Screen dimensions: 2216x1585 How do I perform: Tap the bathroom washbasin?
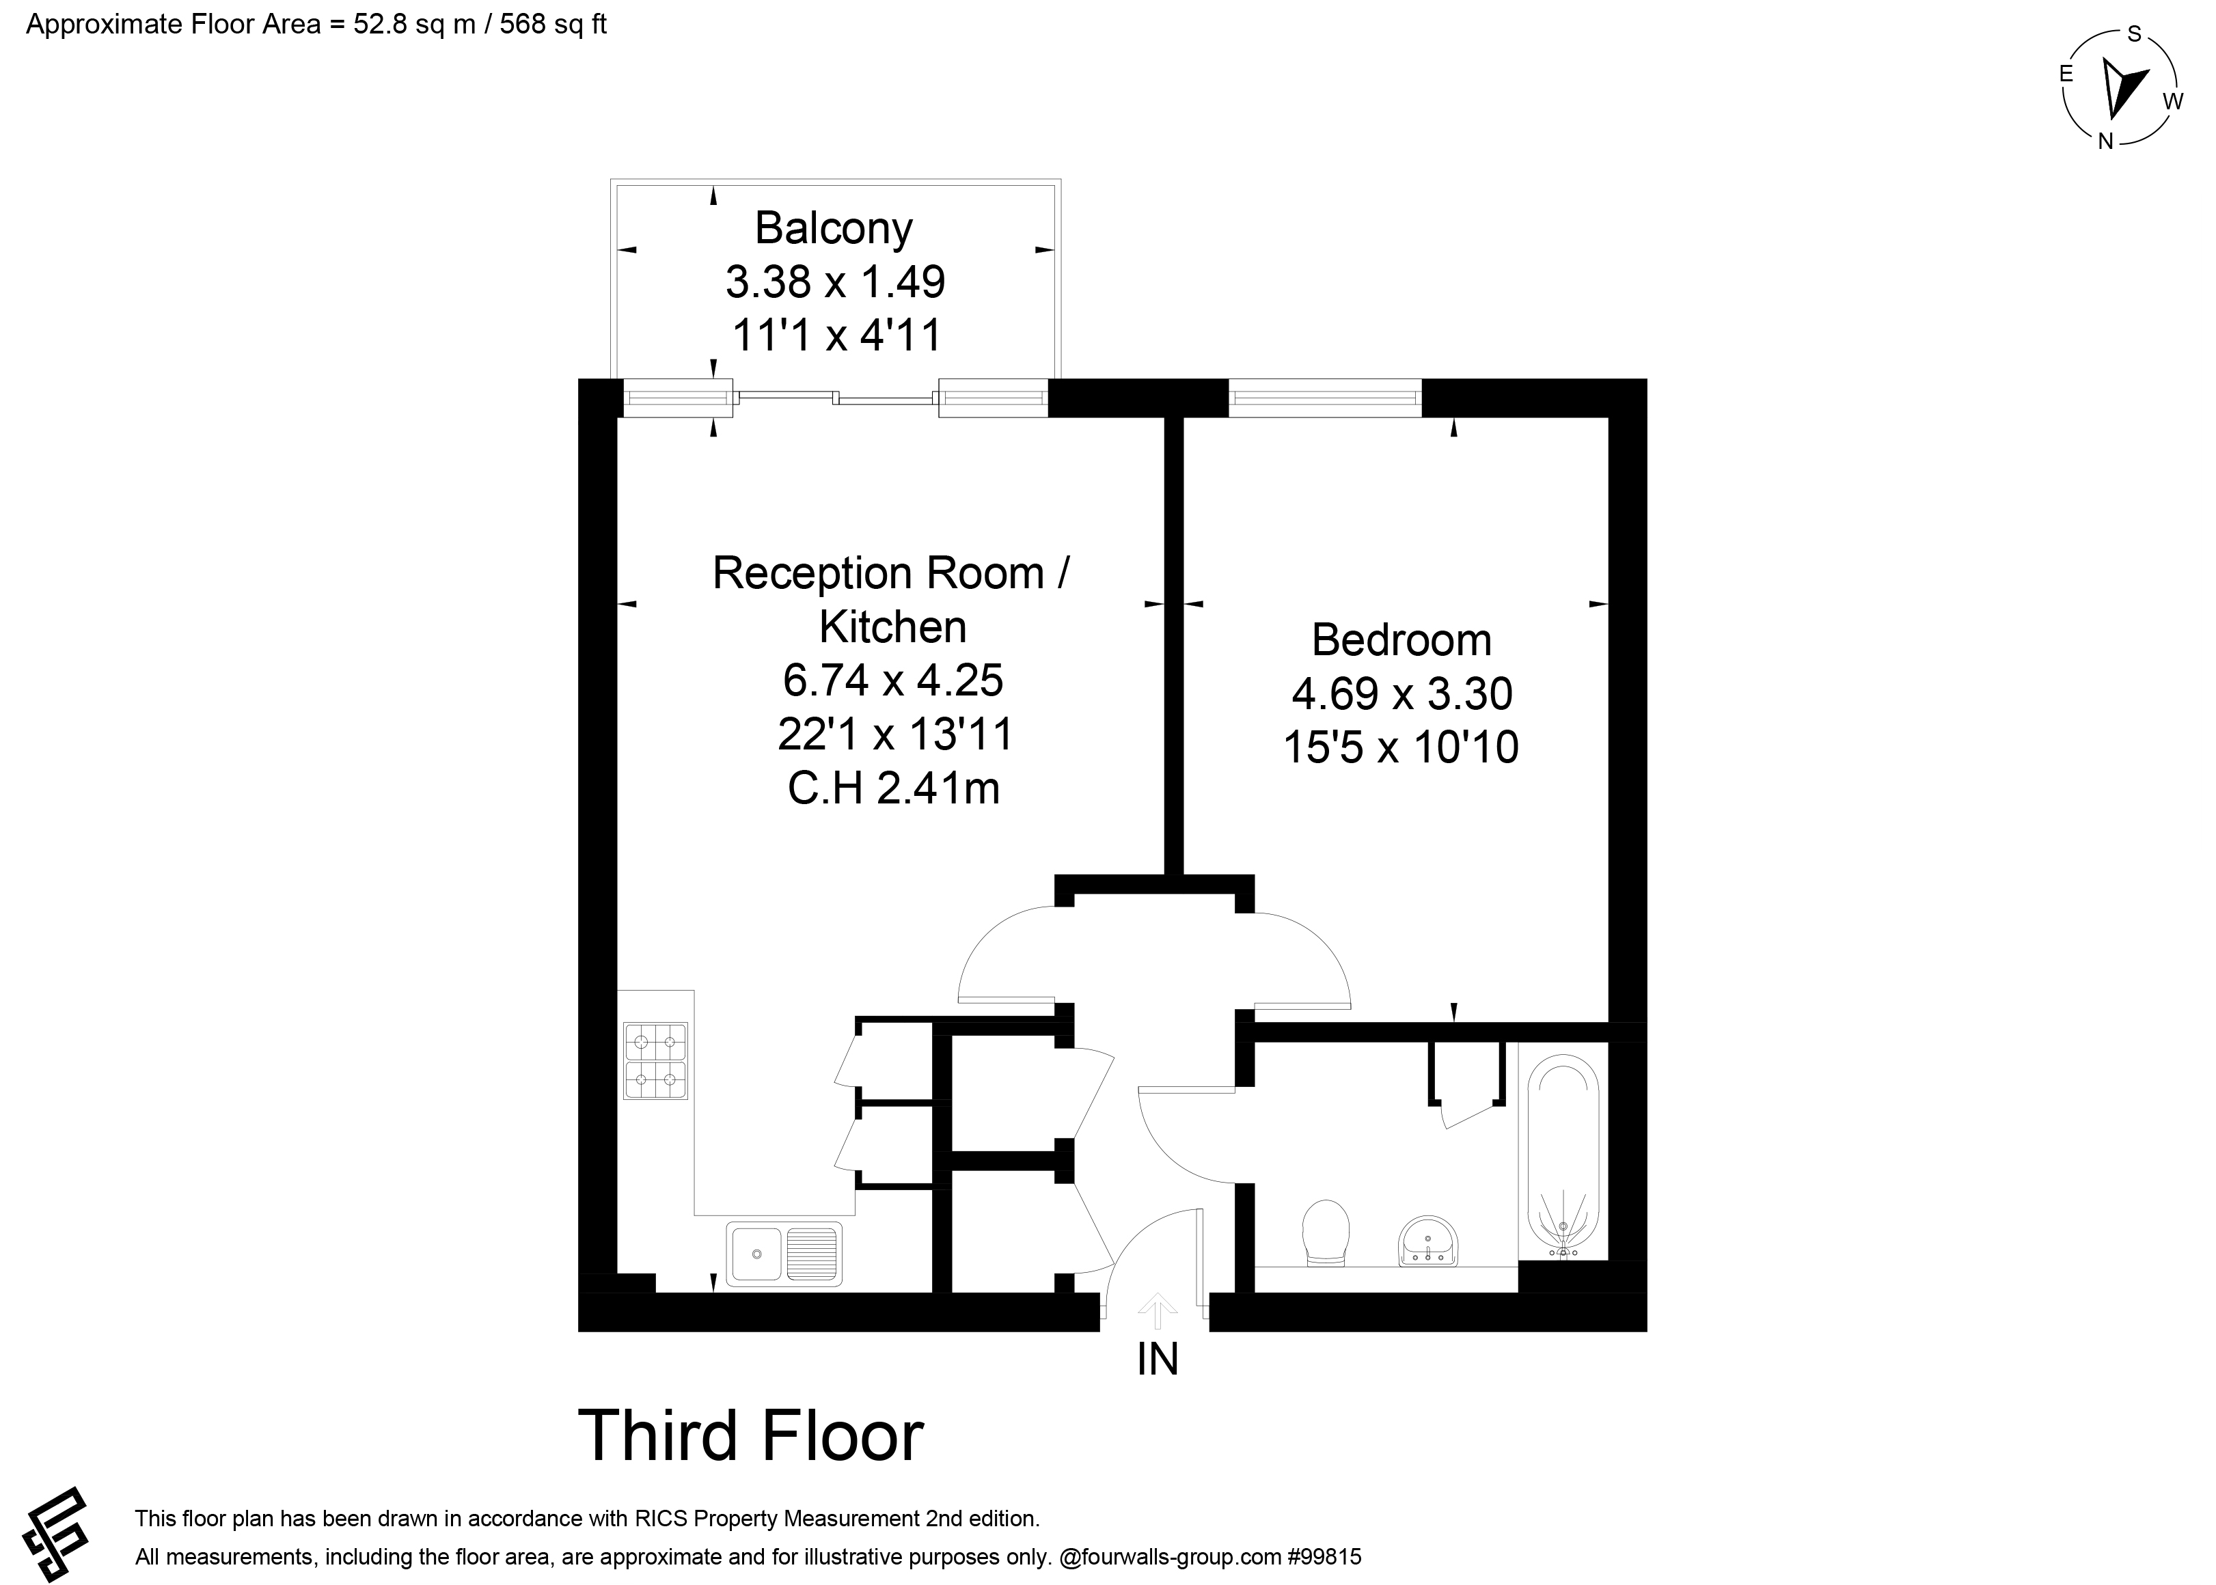pos(1428,1241)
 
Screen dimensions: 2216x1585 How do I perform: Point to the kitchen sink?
pos(783,1253)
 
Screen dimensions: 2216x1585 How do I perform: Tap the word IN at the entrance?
pos(1158,1359)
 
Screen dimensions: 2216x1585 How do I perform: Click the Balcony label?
pos(834,228)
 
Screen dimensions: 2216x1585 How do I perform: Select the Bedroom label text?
pos(1401,640)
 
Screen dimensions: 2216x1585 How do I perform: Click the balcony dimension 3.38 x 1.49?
pos(834,282)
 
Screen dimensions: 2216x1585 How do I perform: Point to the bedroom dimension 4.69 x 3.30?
pos(1402,694)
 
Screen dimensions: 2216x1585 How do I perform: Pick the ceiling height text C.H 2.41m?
pos(893,788)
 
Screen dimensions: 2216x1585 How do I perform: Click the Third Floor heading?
pos(751,1435)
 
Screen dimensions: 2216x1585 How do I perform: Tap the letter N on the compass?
pos(2106,141)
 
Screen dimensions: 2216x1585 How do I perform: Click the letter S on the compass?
pos(2134,34)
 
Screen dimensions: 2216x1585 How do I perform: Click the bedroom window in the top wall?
pos(1325,397)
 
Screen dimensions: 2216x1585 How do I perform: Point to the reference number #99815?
pos(1323,1557)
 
